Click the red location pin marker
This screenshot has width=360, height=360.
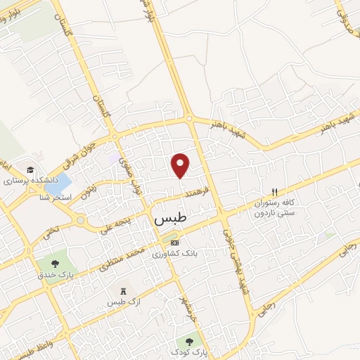click(181, 165)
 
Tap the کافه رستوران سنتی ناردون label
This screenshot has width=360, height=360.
click(271, 207)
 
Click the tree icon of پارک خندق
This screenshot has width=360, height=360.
click(54, 264)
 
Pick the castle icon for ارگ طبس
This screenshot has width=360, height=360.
click(124, 290)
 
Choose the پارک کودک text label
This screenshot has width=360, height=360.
click(199, 349)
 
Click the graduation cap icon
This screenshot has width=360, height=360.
click(30, 170)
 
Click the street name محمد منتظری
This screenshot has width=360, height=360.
click(115, 258)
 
